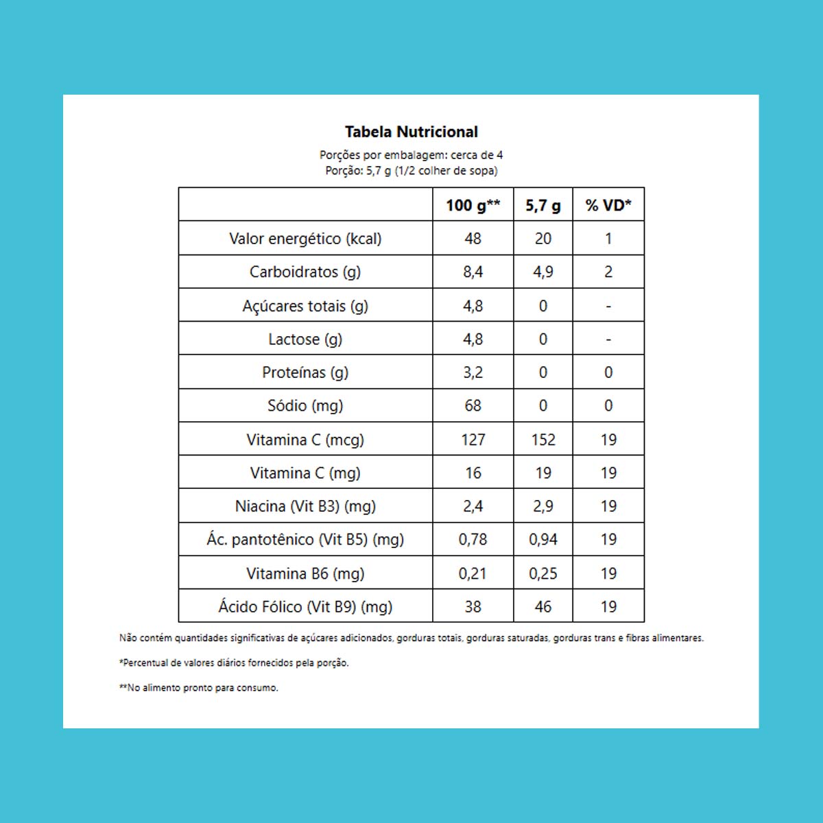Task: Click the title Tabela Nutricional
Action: pyautogui.click(x=411, y=132)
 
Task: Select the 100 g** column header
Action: pyautogui.click(x=473, y=205)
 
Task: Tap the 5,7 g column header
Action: pyautogui.click(x=543, y=205)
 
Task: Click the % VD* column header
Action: pyautogui.click(x=608, y=205)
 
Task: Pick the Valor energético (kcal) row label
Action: pyautogui.click(x=305, y=239)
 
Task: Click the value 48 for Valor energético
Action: pyautogui.click(x=473, y=239)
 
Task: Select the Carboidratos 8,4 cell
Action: pyautogui.click(x=473, y=272)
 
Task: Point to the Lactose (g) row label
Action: pyautogui.click(x=305, y=339)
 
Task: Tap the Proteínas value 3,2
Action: pyautogui.click(x=473, y=372)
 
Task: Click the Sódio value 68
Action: pyautogui.click(x=473, y=405)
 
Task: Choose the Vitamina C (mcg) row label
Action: pyautogui.click(x=305, y=440)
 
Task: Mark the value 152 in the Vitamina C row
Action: pyautogui.click(x=543, y=440)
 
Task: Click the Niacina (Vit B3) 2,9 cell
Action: pyautogui.click(x=543, y=506)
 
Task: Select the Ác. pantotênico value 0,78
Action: pyautogui.click(x=473, y=539)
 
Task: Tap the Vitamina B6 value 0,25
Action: pyautogui.click(x=543, y=573)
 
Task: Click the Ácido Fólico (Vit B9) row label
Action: pyautogui.click(x=305, y=606)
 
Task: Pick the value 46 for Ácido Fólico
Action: pyautogui.click(x=543, y=606)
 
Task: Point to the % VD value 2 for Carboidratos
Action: pyautogui.click(x=608, y=272)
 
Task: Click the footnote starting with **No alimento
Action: pyautogui.click(x=199, y=688)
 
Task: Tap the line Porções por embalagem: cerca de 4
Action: pyautogui.click(x=411, y=155)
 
